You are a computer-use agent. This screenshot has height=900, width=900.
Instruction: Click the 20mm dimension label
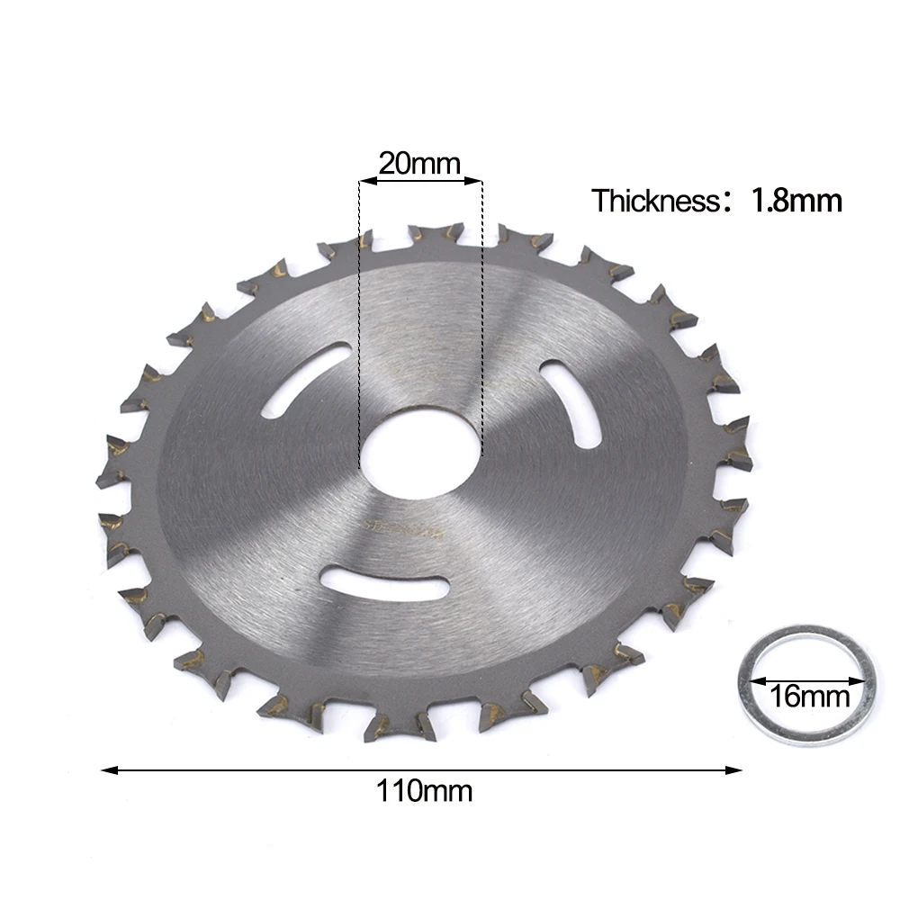(419, 164)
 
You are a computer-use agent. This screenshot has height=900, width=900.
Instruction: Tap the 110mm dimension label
(424, 791)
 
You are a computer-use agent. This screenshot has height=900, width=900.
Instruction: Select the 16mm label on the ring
(809, 697)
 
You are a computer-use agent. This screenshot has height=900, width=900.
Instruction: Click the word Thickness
(655, 201)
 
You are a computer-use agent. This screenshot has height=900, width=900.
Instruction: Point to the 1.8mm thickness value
(796, 201)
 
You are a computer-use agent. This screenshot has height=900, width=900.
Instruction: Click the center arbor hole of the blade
(420, 452)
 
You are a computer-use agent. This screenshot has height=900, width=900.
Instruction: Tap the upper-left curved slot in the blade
(305, 380)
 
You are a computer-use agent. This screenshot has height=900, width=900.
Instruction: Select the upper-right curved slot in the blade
(571, 403)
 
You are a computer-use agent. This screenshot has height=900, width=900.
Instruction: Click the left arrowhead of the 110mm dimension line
(110, 770)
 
